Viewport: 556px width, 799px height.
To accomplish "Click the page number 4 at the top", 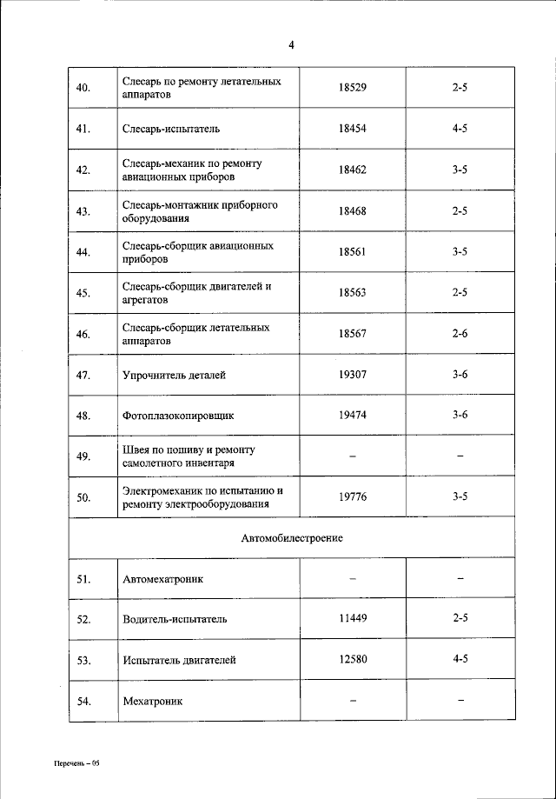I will (x=292, y=46).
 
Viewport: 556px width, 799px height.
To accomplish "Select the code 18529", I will (x=353, y=88).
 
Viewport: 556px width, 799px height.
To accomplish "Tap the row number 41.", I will (x=83, y=129).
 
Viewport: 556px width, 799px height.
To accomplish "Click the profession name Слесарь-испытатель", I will (x=171, y=129).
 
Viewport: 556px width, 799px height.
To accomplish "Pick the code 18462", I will (x=353, y=170).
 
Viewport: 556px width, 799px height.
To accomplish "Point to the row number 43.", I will (x=83, y=211).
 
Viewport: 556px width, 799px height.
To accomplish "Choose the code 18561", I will (x=353, y=252).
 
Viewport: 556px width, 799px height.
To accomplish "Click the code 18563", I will (x=353, y=293).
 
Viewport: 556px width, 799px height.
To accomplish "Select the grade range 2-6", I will (x=460, y=334).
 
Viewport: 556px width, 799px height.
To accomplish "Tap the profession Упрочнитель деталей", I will (x=175, y=375).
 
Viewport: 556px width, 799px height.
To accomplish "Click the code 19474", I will (x=353, y=416).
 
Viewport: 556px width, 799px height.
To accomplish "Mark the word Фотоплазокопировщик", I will (x=179, y=416).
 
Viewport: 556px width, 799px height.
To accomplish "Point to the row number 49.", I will (x=83, y=456).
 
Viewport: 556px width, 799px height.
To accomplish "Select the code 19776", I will (x=353, y=497).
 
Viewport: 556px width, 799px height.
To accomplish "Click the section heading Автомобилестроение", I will (x=292, y=538).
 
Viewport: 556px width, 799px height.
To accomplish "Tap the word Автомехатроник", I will (x=162, y=579).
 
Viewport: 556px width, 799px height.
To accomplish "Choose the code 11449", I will (x=353, y=619).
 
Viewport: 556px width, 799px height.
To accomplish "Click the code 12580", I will (x=353, y=660).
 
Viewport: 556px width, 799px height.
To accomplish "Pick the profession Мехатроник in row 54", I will (x=153, y=701).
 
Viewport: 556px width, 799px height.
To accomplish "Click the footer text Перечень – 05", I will (x=76, y=763).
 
